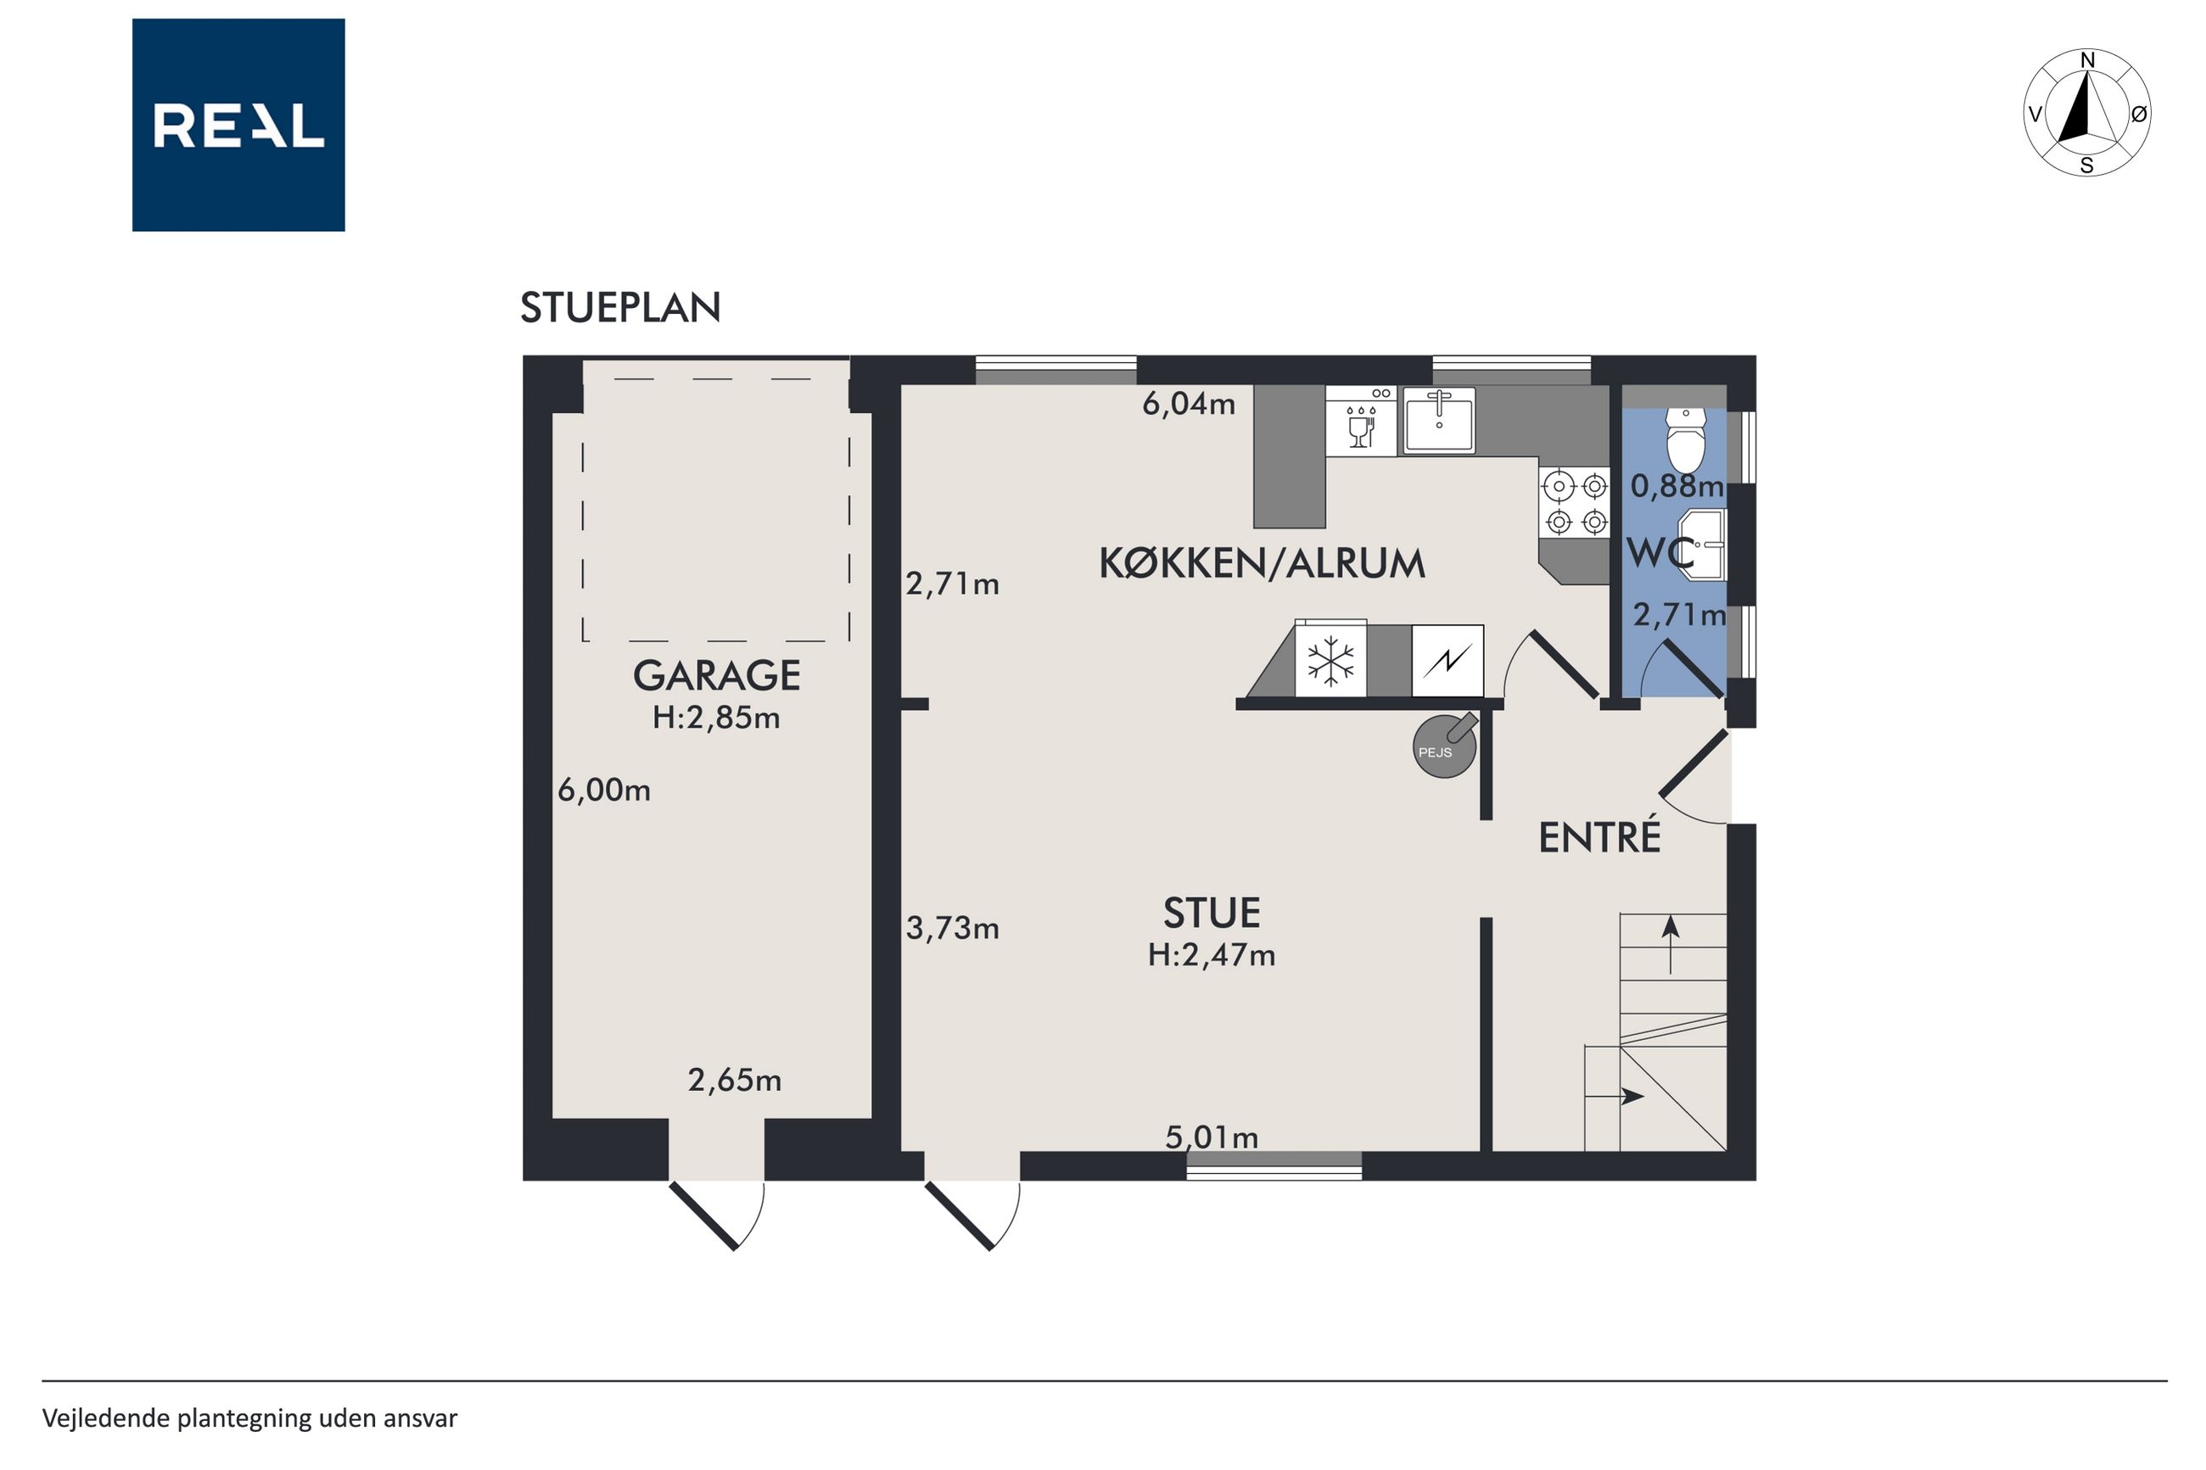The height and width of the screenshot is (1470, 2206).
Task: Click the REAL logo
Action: coord(238,125)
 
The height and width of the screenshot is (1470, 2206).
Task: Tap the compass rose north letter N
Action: coord(2087,60)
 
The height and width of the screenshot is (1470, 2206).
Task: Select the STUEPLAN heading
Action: coord(620,308)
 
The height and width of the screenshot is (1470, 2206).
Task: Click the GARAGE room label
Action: coord(716,675)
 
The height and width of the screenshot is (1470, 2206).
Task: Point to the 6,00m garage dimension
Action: coord(604,791)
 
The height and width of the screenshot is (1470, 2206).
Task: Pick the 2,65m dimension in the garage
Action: coord(734,1081)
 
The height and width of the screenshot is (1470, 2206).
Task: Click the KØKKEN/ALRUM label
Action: coord(1262,563)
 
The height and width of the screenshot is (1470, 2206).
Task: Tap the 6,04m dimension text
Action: coord(1188,404)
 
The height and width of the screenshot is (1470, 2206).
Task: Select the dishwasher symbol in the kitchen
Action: coord(1360,421)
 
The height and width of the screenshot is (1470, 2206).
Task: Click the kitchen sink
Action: coord(1439,421)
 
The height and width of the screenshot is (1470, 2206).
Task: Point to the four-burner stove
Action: coord(1575,502)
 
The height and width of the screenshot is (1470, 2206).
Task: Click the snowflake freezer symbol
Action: coord(1330,660)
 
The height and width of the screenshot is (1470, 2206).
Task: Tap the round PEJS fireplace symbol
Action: coord(1445,746)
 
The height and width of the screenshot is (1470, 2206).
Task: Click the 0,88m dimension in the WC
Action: coord(1677,486)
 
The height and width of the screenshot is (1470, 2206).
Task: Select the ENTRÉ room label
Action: coord(1599,837)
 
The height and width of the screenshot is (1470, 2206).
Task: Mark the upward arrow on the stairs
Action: coord(1670,946)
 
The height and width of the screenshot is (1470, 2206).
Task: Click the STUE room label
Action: coord(1212,913)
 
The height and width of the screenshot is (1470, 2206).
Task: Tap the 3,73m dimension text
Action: coord(952,928)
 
